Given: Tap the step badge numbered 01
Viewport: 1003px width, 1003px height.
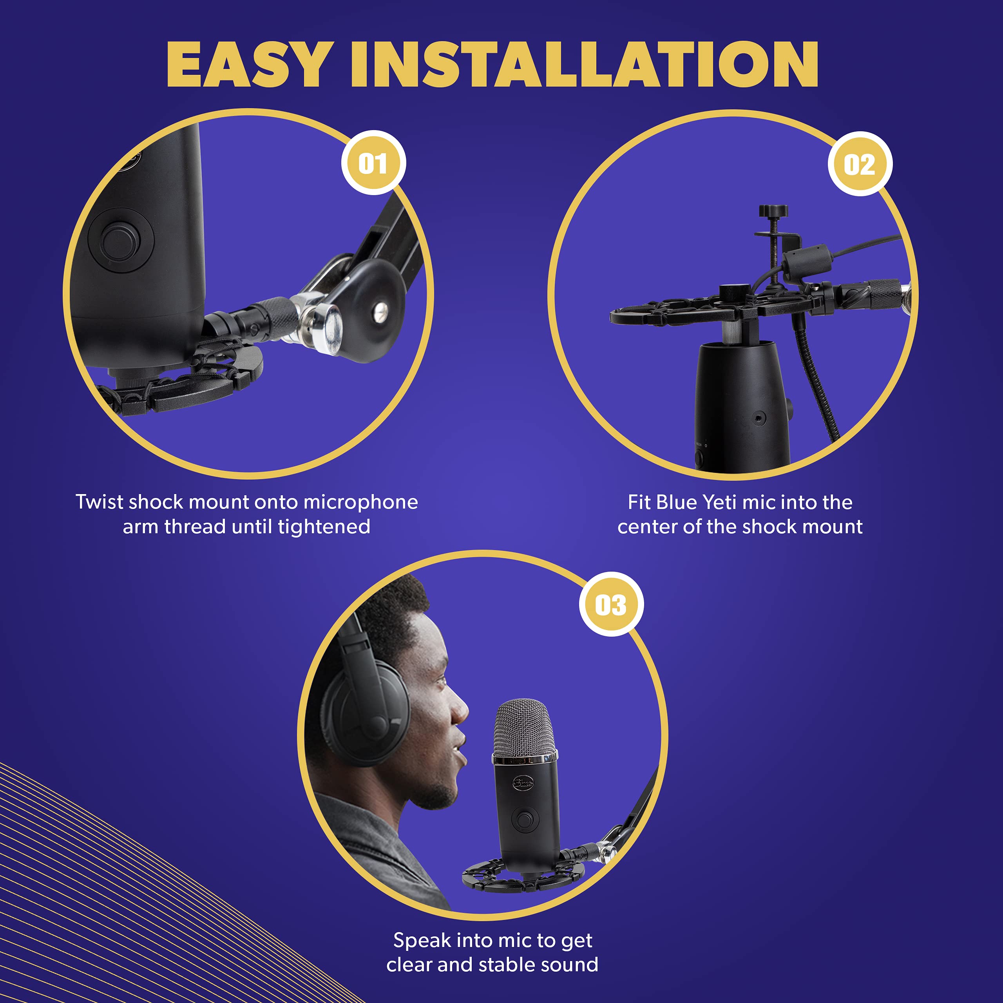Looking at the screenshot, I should click(373, 163).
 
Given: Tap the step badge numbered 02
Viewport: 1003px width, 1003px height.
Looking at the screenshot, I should click(860, 164).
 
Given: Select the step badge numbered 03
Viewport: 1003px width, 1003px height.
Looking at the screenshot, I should click(611, 604).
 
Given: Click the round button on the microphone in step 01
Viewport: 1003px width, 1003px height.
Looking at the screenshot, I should click(120, 241).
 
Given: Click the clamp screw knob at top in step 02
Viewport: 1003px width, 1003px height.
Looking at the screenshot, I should click(773, 211).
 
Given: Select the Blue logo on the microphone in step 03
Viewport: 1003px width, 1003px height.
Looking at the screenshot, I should click(523, 783).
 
